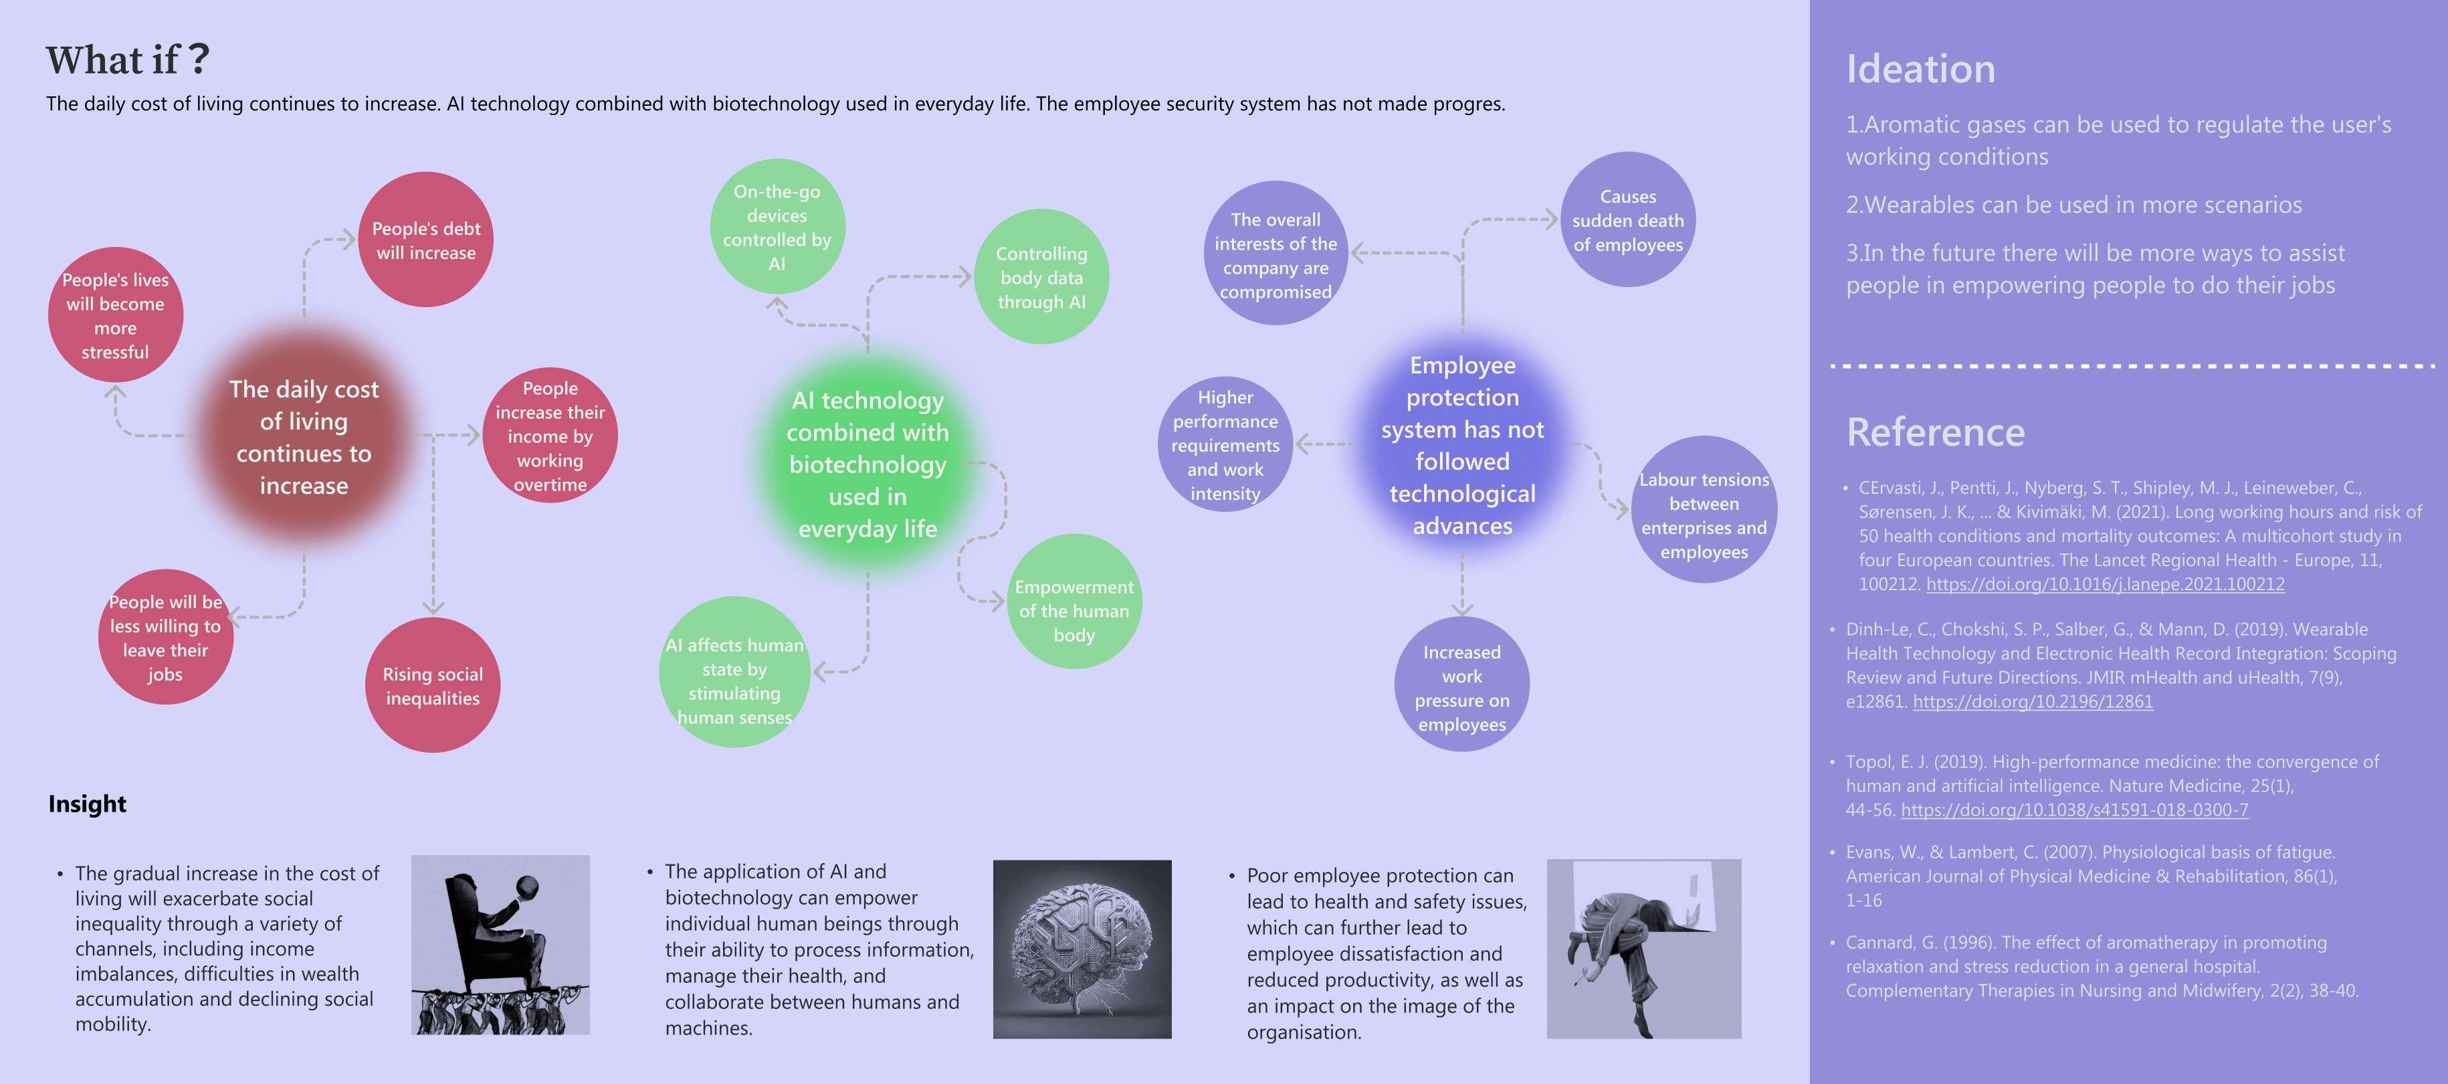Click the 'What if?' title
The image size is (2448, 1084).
(x=128, y=60)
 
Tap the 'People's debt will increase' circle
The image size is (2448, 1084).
(x=426, y=240)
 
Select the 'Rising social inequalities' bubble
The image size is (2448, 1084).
(x=432, y=686)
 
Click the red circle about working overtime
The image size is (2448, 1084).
(x=550, y=436)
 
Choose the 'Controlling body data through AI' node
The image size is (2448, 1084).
(x=1041, y=277)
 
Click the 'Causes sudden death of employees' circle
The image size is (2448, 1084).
(x=1628, y=219)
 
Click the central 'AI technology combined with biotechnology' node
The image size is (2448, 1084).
(x=868, y=464)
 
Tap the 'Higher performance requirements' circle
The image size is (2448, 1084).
(x=1225, y=445)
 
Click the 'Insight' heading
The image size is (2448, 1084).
(x=88, y=804)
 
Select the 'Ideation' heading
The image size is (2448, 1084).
(x=1920, y=70)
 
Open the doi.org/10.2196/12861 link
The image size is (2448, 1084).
(x=2033, y=702)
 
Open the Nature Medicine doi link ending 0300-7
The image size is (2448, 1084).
(x=2075, y=810)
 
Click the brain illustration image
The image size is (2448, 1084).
(x=1082, y=949)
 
